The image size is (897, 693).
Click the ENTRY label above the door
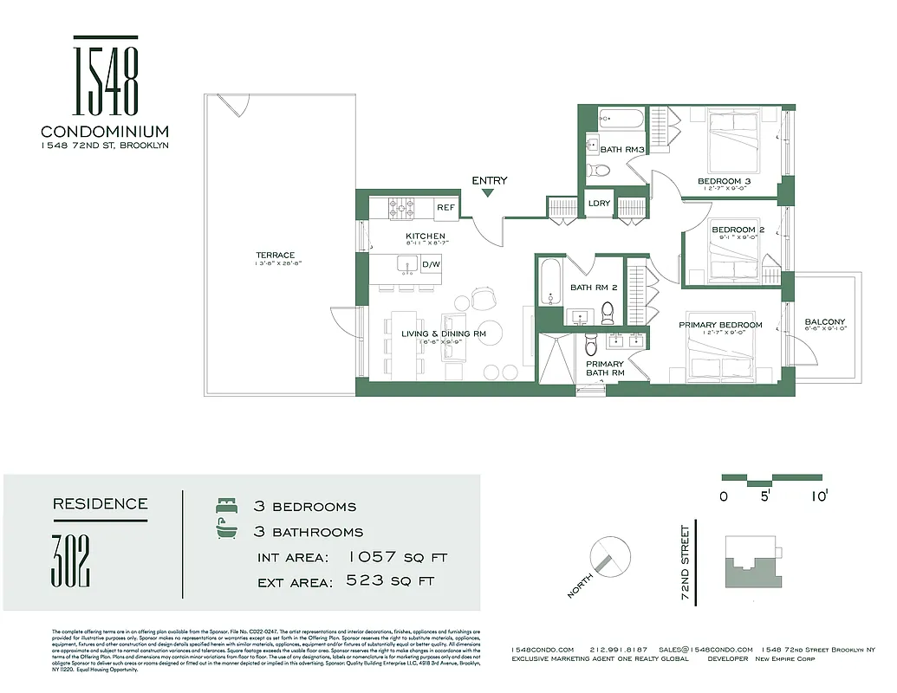click(489, 180)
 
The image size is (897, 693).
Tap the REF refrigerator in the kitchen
click(445, 208)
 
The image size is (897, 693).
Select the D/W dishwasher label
click(431, 264)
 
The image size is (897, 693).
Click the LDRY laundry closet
click(599, 204)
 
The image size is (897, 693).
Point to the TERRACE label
click(275, 255)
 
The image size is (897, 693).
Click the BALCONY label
click(824, 322)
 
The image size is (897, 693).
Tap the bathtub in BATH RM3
click(621, 118)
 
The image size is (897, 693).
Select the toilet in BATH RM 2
click(608, 309)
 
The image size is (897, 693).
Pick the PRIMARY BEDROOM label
click(720, 325)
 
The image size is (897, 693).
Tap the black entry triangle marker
click(489, 192)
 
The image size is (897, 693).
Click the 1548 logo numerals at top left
click(106, 78)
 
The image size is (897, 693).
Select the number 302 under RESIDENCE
click(72, 561)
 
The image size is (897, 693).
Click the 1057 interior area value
click(377, 557)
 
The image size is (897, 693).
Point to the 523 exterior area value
click(365, 581)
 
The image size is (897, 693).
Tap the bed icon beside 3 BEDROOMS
click(225, 506)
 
